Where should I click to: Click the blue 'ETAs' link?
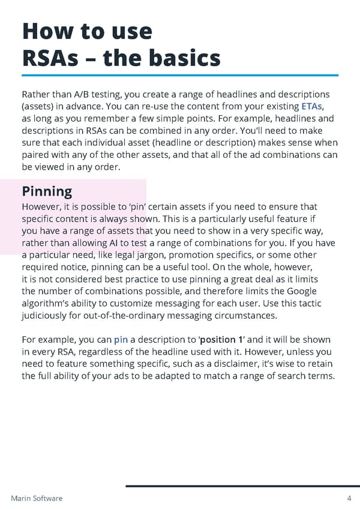pyautogui.click(x=316, y=107)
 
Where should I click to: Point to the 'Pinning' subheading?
pyautogui.click(x=47, y=191)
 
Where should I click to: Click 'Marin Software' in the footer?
pyautogui.click(x=37, y=498)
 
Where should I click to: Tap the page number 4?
pyautogui.click(x=349, y=498)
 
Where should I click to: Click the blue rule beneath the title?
pyautogui.click(x=180, y=75)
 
